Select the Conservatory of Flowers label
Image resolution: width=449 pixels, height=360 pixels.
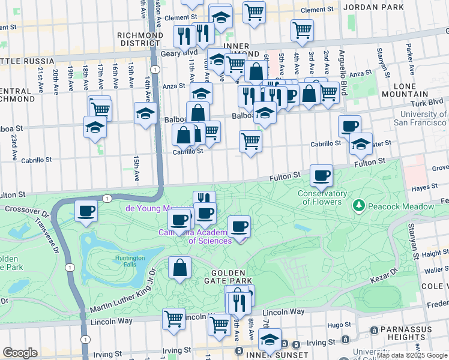[x=322, y=197]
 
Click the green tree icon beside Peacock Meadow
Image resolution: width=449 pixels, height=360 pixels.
[x=359, y=206]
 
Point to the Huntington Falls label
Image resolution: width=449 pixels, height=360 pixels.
[x=130, y=262]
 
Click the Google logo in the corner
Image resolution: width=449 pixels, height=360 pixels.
[x=20, y=353]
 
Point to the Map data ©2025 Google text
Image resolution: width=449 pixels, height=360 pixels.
[x=411, y=355]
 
